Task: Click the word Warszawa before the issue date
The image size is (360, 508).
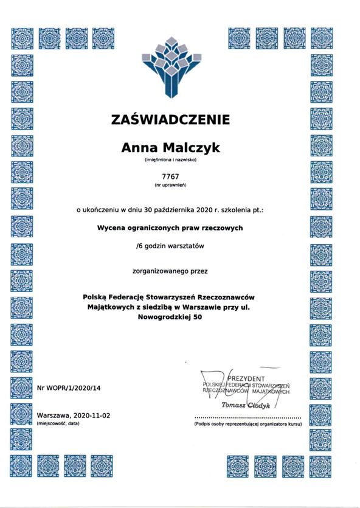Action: click(x=54, y=414)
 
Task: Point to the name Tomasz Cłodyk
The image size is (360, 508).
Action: click(x=246, y=405)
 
